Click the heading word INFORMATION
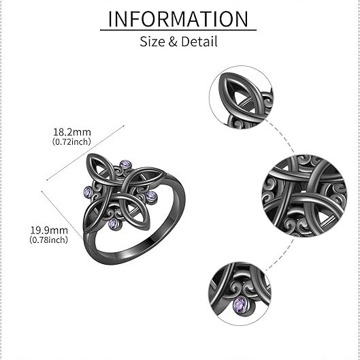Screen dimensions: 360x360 click(x=178, y=19)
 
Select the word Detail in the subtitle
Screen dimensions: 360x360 click(x=199, y=42)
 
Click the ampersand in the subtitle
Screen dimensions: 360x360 click(x=173, y=42)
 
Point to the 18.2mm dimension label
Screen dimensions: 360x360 click(x=72, y=132)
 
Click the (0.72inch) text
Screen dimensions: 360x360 click(x=71, y=142)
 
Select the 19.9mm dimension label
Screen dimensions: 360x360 click(x=49, y=230)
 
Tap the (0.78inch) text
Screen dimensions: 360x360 click(x=49, y=240)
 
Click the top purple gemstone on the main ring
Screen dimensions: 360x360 click(x=126, y=164)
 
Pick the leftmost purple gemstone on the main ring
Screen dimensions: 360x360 click(x=88, y=191)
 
